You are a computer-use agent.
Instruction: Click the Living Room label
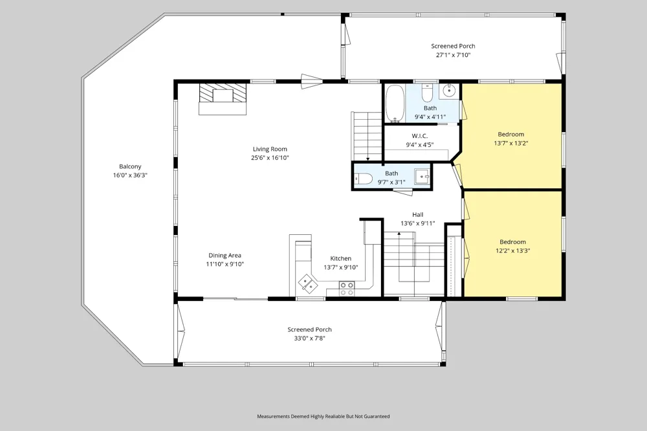[x=270, y=149]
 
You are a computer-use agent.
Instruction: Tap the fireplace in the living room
[x=223, y=99]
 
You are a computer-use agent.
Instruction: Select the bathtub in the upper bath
[x=395, y=104]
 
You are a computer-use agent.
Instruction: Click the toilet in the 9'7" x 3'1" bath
[x=364, y=179]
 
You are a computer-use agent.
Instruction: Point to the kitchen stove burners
[x=347, y=289]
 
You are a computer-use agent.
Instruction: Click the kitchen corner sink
[x=308, y=283]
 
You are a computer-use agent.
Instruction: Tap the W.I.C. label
[x=420, y=136]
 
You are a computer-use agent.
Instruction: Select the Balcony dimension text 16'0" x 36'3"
[x=131, y=175]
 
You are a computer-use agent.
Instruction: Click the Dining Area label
[x=225, y=256]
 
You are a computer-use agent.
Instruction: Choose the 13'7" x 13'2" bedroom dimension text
[x=511, y=143]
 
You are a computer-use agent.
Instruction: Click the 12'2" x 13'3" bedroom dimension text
[x=513, y=250]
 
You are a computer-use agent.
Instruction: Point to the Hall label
[x=417, y=215]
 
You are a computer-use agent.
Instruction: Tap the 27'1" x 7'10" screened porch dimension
[x=454, y=55]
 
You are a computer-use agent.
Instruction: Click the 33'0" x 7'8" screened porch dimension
[x=309, y=338]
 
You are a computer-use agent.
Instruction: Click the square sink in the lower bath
[x=422, y=176]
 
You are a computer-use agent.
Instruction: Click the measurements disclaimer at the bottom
[x=323, y=417]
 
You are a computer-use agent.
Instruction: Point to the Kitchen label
[x=341, y=258]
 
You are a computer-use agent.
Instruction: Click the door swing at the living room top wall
[x=312, y=82]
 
